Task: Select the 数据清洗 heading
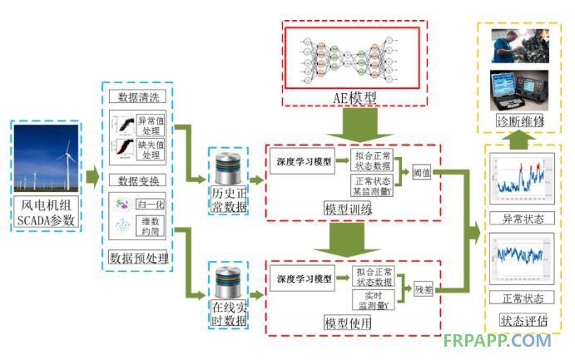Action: tap(137, 99)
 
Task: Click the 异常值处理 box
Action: tap(151, 126)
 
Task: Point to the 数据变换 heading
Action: tap(137, 180)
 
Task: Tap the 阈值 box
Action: tap(422, 174)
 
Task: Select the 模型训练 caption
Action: tap(349, 210)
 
